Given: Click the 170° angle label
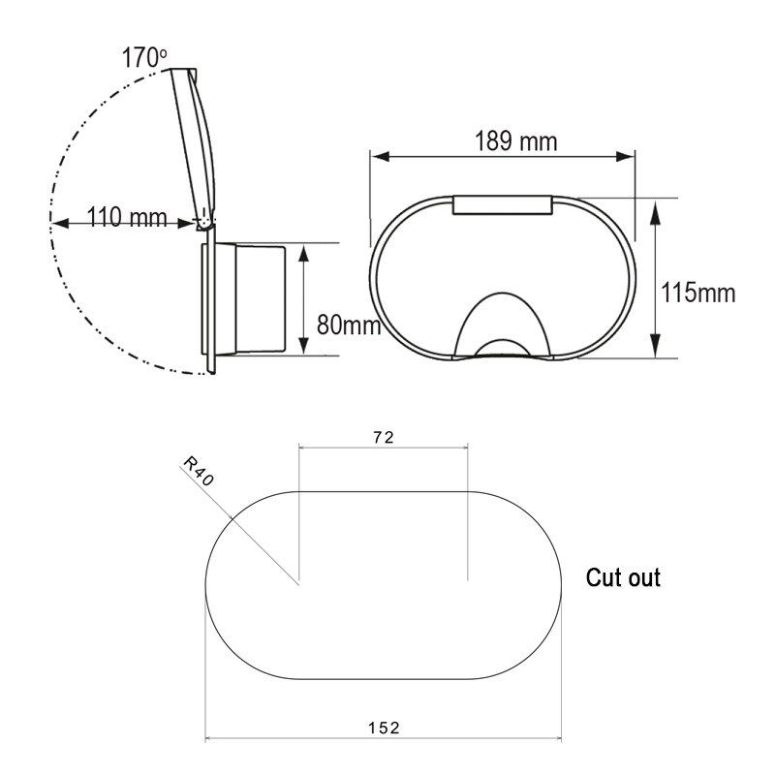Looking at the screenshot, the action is (x=143, y=57).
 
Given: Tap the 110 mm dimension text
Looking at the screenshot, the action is (x=127, y=217).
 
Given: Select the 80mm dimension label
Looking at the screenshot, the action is (x=349, y=325).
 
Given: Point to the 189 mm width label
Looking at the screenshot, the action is (x=515, y=140).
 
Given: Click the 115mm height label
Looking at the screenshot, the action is (x=697, y=293).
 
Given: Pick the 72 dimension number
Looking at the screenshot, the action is (x=384, y=438).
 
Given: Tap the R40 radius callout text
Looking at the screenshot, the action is (x=199, y=472).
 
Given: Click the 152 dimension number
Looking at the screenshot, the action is (x=384, y=728).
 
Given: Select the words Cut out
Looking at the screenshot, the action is (x=623, y=577).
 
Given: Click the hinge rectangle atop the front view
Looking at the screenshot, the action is (x=502, y=204).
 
